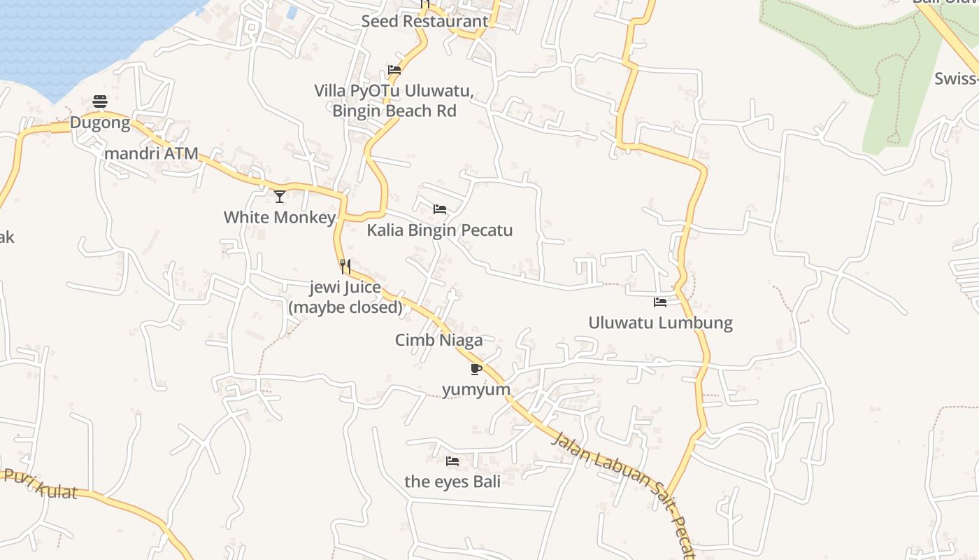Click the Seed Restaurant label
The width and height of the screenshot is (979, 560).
(x=424, y=21)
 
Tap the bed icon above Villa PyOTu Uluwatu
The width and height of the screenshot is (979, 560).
(x=394, y=70)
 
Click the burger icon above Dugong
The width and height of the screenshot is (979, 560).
(x=100, y=101)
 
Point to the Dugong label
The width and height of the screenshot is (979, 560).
(x=100, y=123)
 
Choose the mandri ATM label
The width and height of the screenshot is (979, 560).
(x=151, y=153)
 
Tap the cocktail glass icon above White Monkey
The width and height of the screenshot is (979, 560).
(x=280, y=197)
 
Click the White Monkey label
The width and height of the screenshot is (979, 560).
(x=280, y=217)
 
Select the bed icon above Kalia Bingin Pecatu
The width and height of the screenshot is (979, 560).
(x=440, y=209)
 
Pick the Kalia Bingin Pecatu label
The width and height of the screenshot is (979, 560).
(x=440, y=230)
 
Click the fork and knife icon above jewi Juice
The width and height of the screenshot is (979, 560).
(x=345, y=266)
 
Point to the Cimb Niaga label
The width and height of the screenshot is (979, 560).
(x=438, y=340)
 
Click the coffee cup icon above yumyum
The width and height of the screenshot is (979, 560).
(x=476, y=369)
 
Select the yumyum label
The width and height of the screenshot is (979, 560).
(x=476, y=389)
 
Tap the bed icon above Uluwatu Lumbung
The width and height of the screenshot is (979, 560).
(x=660, y=302)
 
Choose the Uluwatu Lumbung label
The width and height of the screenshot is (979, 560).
(x=660, y=323)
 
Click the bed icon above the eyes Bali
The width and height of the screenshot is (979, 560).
(x=452, y=461)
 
